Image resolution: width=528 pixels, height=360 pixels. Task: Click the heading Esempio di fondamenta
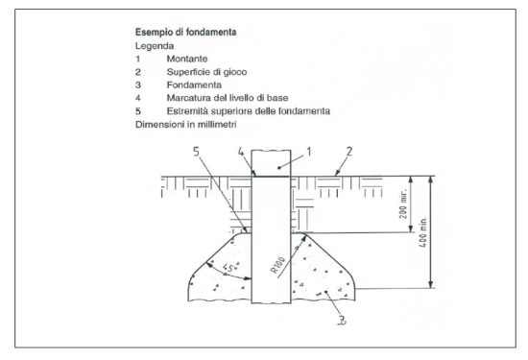click(186, 33)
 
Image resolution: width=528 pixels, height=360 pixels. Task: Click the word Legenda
click(155, 46)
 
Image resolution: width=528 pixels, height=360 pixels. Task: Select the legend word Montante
click(187, 59)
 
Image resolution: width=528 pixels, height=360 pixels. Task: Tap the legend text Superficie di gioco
click(206, 72)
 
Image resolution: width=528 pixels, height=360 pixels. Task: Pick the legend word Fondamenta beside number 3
click(194, 84)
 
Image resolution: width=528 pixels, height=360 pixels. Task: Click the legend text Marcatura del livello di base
click(228, 98)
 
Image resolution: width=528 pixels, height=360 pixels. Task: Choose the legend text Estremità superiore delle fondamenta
click(249, 111)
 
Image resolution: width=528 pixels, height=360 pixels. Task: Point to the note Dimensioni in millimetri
click(186, 124)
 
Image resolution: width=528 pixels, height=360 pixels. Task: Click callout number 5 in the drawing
click(196, 152)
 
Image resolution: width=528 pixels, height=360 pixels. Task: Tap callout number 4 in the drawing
click(241, 152)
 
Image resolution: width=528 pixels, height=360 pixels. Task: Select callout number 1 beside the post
click(309, 152)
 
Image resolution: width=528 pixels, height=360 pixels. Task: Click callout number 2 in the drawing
click(349, 152)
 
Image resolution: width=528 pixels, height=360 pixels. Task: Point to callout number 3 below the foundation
click(342, 320)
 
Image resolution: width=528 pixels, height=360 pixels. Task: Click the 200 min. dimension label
click(403, 204)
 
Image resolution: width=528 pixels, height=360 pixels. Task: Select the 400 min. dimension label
click(423, 232)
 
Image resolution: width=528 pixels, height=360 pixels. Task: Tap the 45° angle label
click(230, 268)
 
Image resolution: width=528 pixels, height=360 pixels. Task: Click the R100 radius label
click(277, 265)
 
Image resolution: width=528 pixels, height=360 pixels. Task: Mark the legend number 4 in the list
click(138, 98)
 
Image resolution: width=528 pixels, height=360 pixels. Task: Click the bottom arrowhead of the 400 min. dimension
click(431, 284)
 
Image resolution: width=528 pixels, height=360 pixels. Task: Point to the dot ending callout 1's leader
click(278, 167)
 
